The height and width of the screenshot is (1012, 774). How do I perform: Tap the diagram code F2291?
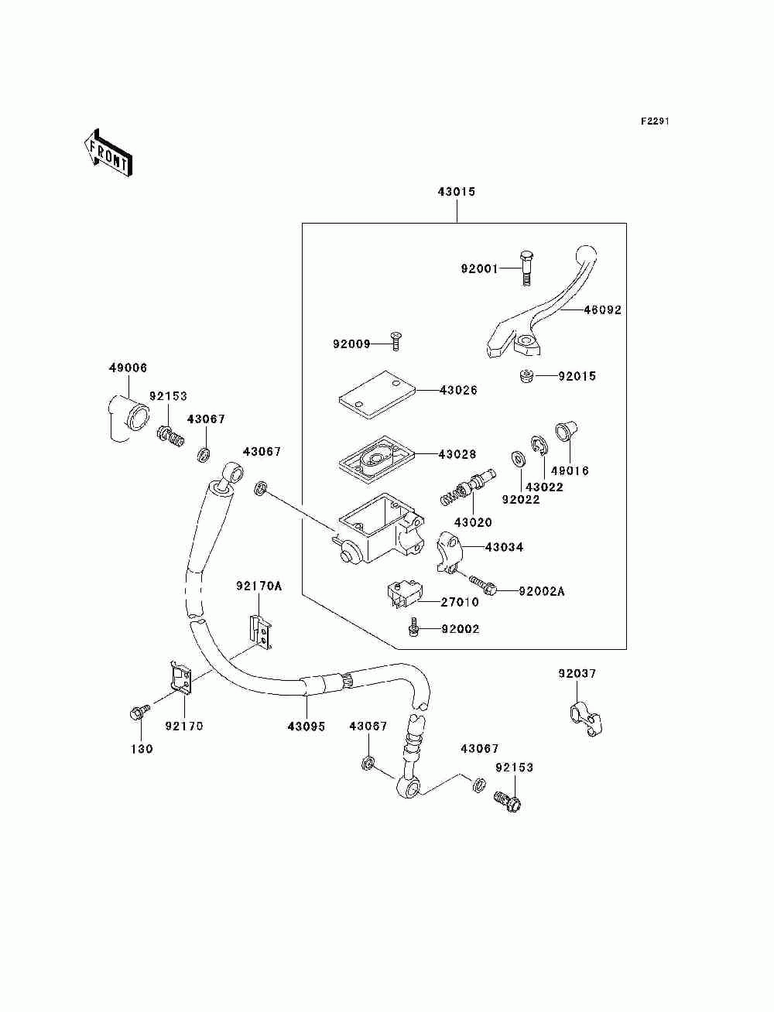pos(655,121)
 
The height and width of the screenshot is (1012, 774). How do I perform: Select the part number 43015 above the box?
pos(456,192)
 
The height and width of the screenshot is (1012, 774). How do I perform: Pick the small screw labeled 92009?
pos(395,341)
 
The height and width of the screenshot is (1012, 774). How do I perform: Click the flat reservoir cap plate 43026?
pos(377,395)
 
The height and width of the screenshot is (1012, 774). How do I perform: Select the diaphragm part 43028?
pos(376,459)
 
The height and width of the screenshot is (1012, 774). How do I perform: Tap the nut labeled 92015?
pos(525,376)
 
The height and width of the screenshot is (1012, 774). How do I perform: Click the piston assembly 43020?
pos(468,487)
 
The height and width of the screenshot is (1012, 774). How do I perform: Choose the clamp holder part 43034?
pos(450,552)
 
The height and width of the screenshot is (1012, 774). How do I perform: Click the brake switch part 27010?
pos(402,595)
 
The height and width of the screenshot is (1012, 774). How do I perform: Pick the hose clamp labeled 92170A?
pos(261,631)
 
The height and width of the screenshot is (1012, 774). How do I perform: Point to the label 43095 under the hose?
pos(307,727)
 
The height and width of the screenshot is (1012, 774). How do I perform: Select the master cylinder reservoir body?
pos(377,528)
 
